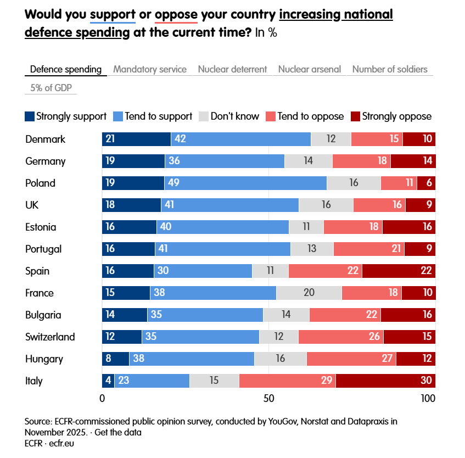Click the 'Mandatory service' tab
[150, 69]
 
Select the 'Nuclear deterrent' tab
[232, 69]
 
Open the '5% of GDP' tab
[51, 88]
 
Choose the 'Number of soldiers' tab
[390, 69]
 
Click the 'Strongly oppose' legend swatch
[355, 116]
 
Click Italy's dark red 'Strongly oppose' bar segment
[385, 381]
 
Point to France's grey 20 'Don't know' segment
[309, 293]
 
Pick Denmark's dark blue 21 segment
[137, 139]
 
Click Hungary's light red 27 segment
[351, 359]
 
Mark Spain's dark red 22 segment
[399, 271]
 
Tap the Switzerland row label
[50, 337]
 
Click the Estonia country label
[41, 227]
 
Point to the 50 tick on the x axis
[268, 398]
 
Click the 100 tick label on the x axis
[428, 398]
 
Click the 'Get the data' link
[118, 432]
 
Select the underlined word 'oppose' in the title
[176, 14]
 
